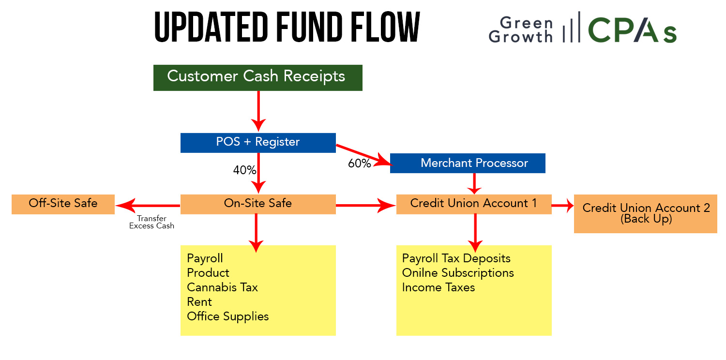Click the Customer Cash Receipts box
pyautogui.click(x=257, y=78)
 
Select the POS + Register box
pyautogui.click(x=258, y=143)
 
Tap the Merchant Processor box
pyautogui.click(x=468, y=163)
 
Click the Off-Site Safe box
pyautogui.click(x=63, y=204)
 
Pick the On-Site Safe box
pyautogui.click(x=258, y=204)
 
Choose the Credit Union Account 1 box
pyautogui.click(x=474, y=204)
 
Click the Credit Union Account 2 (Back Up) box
pyautogui.click(x=645, y=213)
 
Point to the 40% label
pyautogui.click(x=244, y=170)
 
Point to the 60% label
pyautogui.click(x=359, y=164)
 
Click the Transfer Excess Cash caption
pyautogui.click(x=151, y=222)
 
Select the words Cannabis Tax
pyautogui.click(x=222, y=287)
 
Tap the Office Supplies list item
pyautogui.click(x=228, y=316)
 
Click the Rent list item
pyautogui.click(x=199, y=302)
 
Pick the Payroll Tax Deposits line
pyautogui.click(x=456, y=258)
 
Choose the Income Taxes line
pyautogui.click(x=438, y=287)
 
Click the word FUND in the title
pyautogui.click(x=309, y=27)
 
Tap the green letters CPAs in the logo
pyautogui.click(x=632, y=30)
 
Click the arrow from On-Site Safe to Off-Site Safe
pyautogui.click(x=148, y=206)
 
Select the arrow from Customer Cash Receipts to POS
pyautogui.click(x=258, y=111)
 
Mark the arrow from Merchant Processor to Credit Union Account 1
pyautogui.click(x=474, y=184)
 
